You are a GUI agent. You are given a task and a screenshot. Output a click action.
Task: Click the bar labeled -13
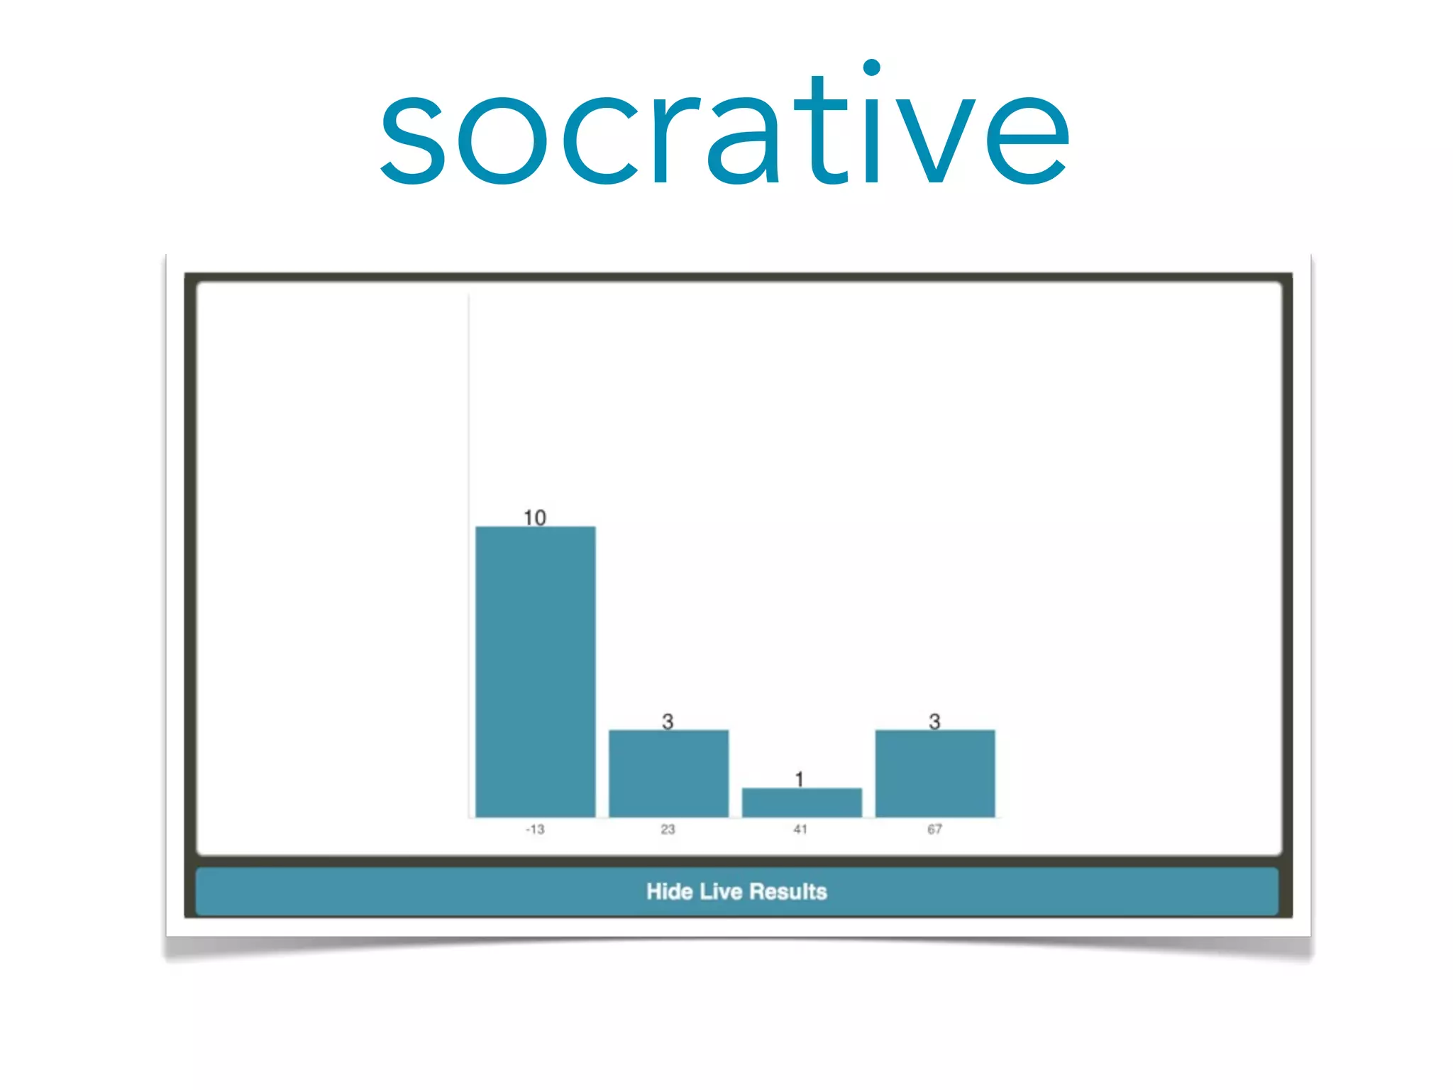pyautogui.click(x=535, y=671)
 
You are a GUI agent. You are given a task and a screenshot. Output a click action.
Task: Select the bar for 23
pyautogui.click(x=668, y=773)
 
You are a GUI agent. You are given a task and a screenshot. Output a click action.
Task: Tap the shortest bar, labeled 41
pyautogui.click(x=802, y=802)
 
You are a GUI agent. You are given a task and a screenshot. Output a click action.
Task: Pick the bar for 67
pyautogui.click(x=935, y=773)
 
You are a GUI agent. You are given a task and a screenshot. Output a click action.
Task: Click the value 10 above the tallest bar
pyautogui.click(x=535, y=517)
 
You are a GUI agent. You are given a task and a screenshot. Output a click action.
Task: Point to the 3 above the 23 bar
pyautogui.click(x=668, y=721)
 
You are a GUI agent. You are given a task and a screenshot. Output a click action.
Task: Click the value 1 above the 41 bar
pyautogui.click(x=800, y=779)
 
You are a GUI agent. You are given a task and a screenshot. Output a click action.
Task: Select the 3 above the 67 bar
pyautogui.click(x=934, y=721)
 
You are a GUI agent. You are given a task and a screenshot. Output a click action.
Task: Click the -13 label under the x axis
pyautogui.click(x=535, y=829)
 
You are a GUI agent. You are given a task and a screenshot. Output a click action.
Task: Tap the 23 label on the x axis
pyautogui.click(x=668, y=829)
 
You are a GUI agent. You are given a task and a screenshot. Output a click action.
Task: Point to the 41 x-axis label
pyautogui.click(x=800, y=829)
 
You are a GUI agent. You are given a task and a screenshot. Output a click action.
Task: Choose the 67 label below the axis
pyautogui.click(x=934, y=829)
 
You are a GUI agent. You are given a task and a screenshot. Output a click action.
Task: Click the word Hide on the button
pyautogui.click(x=669, y=891)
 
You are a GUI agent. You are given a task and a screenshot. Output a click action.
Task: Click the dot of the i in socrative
pyautogui.click(x=872, y=67)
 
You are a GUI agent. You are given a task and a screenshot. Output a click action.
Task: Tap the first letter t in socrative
pyautogui.click(x=821, y=131)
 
